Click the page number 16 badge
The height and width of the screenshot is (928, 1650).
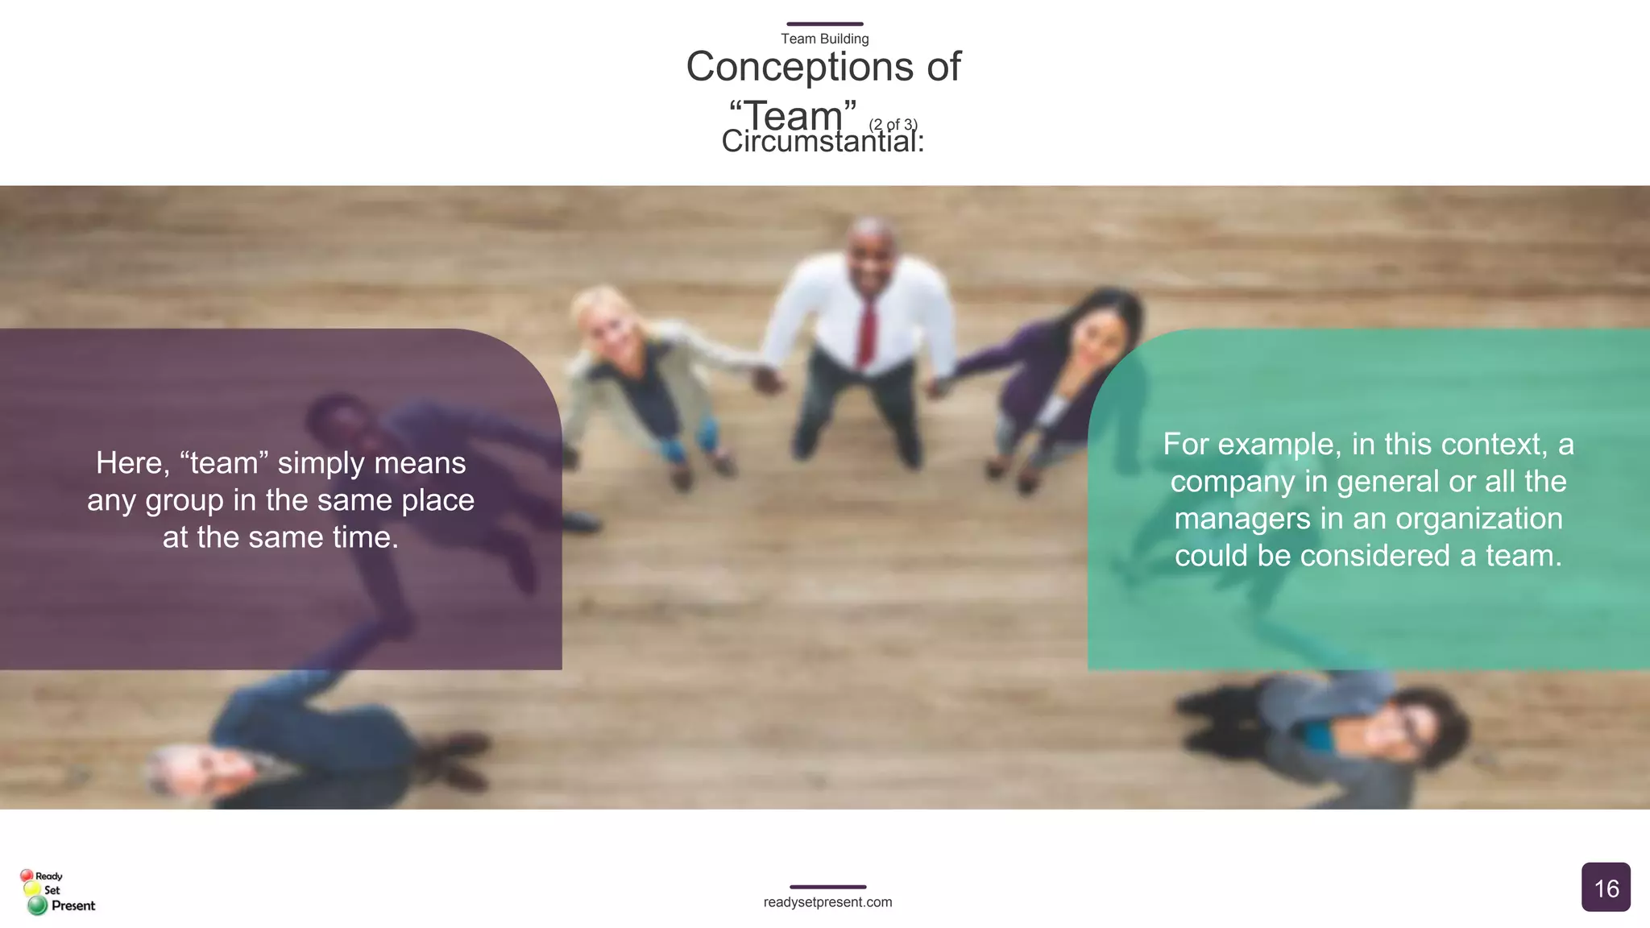(1606, 888)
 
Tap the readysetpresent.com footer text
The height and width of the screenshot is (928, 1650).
(827, 902)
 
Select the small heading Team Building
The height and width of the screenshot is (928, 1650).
(824, 39)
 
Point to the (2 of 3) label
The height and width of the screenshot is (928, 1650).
(893, 124)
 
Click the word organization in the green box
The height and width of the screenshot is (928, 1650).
(1478, 519)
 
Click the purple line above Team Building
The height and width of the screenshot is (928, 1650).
(824, 24)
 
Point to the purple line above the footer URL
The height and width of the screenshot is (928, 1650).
(827, 887)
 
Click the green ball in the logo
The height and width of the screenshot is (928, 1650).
(37, 906)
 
